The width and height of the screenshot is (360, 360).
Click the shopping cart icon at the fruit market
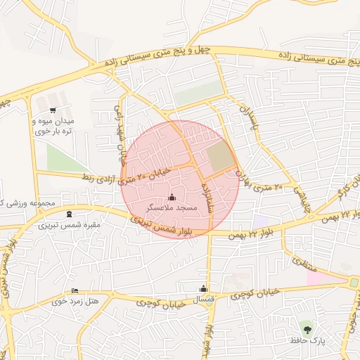click(x=53, y=110)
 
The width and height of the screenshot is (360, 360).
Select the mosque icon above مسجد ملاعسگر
click(x=173, y=198)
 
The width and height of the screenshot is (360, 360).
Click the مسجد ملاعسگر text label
click(x=173, y=209)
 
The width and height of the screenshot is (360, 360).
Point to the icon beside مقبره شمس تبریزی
click(x=68, y=214)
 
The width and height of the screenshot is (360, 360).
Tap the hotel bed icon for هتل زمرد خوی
click(x=75, y=291)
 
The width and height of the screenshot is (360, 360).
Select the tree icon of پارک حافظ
click(x=306, y=328)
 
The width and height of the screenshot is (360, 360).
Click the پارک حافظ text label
click(x=307, y=340)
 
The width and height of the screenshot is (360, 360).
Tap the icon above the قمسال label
click(x=203, y=288)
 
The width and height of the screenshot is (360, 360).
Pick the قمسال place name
click(x=203, y=300)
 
